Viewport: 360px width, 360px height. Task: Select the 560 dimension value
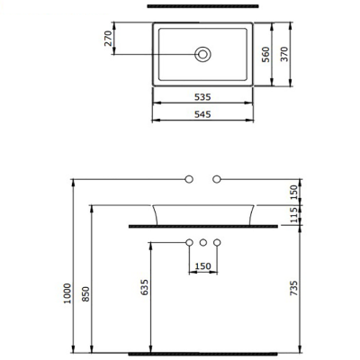coord(265,54)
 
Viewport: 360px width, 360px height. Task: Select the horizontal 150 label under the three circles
coord(203,266)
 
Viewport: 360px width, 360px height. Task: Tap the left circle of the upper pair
coord(189,179)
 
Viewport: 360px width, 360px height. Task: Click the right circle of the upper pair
coord(217,179)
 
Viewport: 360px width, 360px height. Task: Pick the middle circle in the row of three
coord(203,243)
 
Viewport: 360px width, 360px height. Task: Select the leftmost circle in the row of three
coord(189,243)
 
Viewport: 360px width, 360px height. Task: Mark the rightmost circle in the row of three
coord(218,243)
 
